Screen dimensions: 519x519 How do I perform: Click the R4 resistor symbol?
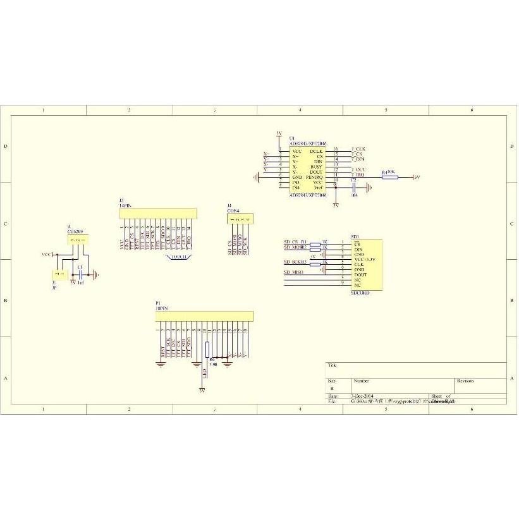pos(389,177)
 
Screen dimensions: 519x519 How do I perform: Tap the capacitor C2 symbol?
pos(354,187)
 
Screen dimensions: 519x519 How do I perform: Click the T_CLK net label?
pos(358,149)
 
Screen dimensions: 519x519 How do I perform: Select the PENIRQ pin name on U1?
pos(315,177)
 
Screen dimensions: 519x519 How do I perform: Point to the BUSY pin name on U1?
pos(316,166)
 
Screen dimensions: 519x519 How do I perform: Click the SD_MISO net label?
pos(294,272)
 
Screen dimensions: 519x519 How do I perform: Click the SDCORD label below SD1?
pos(360,293)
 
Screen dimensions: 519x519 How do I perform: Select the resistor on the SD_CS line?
pos(315,243)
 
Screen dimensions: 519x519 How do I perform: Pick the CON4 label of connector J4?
pos(233,210)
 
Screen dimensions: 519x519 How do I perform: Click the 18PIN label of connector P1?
pos(162,308)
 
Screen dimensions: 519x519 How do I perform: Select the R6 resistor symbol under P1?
pos(207,349)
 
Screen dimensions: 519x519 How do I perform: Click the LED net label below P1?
pos(204,374)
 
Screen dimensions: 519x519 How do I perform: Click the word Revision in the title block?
pos(465,381)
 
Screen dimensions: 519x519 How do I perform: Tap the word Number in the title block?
pos(362,381)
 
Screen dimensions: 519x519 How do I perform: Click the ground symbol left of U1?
pos(255,177)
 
